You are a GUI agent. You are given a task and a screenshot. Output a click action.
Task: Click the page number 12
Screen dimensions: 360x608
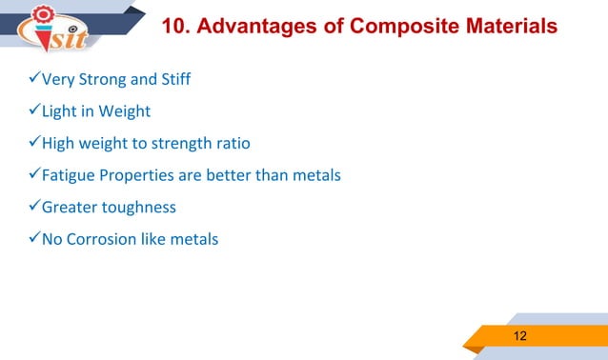[x=520, y=336]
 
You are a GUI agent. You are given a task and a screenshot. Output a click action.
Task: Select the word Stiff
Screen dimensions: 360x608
[x=174, y=79]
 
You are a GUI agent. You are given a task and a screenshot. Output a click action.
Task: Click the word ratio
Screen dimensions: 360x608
[x=232, y=144]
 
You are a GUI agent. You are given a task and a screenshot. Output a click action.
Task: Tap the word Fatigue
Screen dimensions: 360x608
[x=70, y=175]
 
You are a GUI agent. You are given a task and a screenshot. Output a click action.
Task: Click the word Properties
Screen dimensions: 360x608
[x=137, y=176]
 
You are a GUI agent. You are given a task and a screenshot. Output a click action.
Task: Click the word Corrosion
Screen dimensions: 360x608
[x=103, y=239]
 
